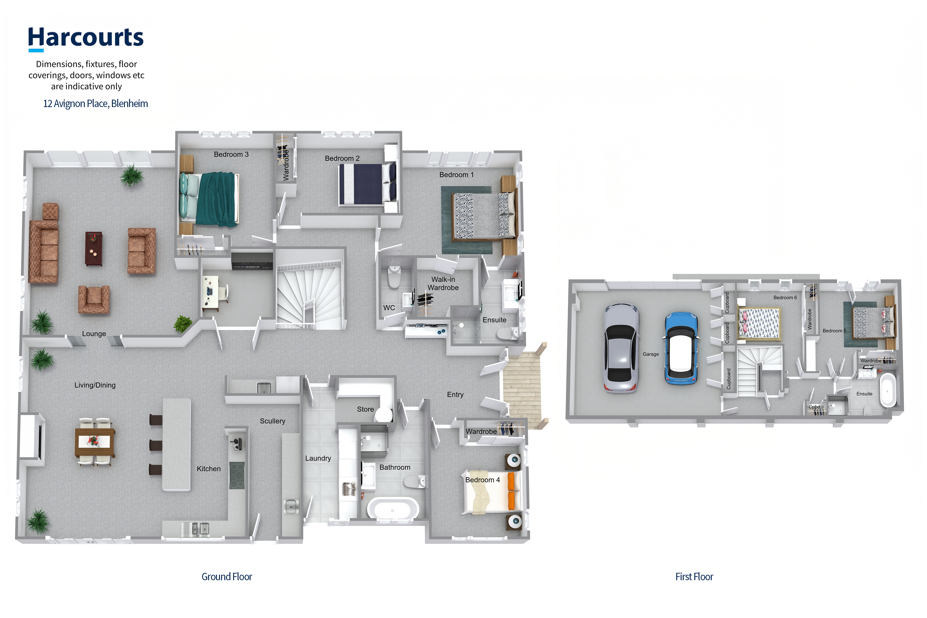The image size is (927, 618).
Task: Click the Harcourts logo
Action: coord(86,39)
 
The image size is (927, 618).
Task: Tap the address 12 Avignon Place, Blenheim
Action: coord(95,104)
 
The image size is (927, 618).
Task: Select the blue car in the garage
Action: coord(681,348)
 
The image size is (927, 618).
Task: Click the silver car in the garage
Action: coord(621,348)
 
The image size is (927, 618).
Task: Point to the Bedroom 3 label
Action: coord(231,155)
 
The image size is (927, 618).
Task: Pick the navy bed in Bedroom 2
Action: coord(367,184)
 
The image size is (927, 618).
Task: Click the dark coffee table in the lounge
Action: coord(94,248)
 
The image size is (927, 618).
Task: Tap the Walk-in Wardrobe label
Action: coord(443,283)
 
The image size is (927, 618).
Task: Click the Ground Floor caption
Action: coord(227,577)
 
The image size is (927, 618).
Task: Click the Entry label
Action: coord(455,395)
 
